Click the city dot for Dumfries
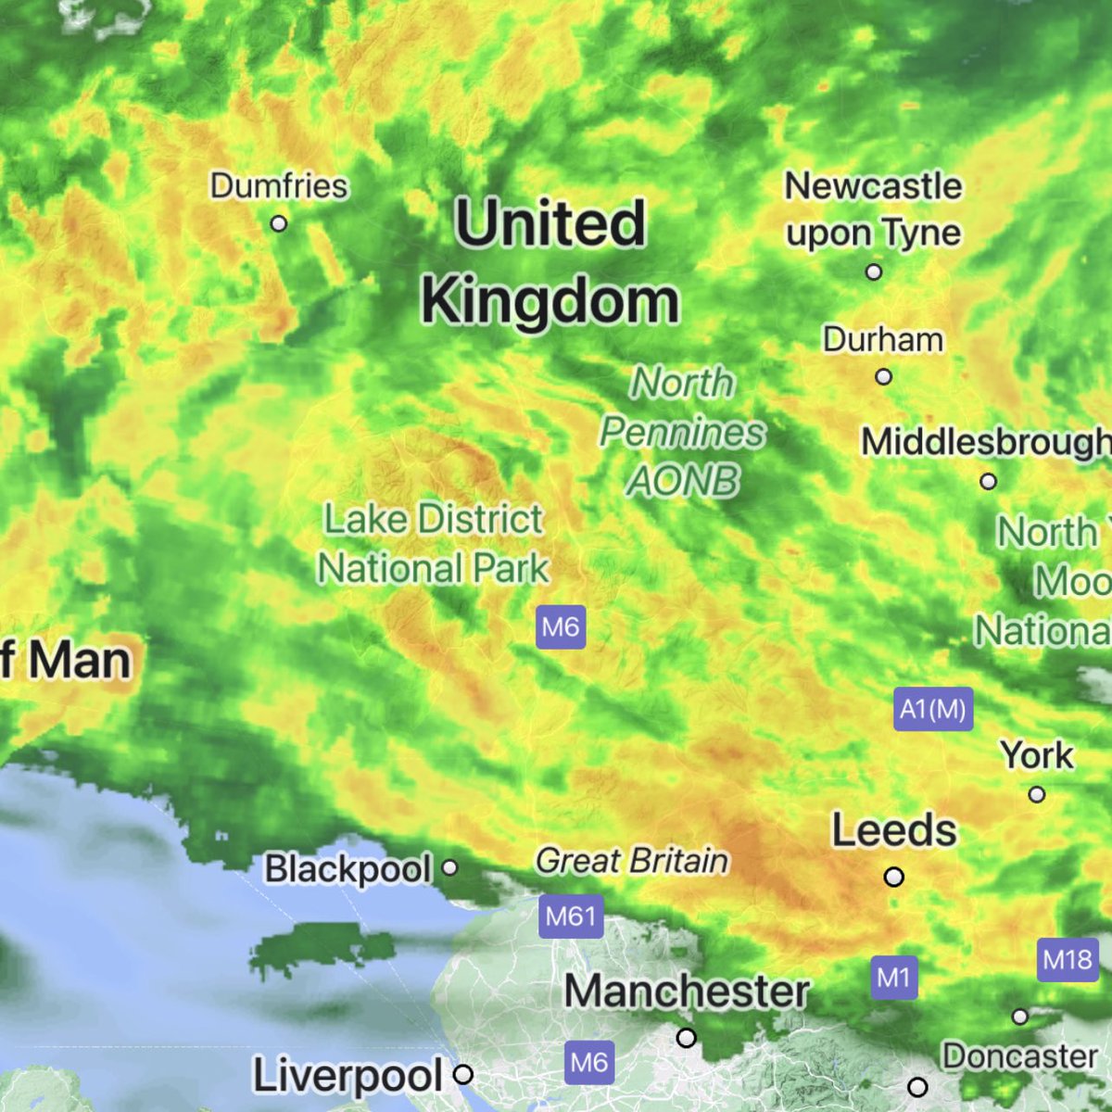[278, 223]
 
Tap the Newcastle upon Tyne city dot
[874, 272]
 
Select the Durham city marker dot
[884, 377]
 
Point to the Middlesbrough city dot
[989, 482]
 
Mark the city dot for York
[1037, 794]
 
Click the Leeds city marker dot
[894, 877]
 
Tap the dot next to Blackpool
[449, 868]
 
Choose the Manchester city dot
[686, 1038]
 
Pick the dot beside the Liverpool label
[463, 1075]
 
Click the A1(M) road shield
[933, 710]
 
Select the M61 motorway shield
[571, 916]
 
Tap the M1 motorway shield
[894, 978]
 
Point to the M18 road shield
[1068, 959]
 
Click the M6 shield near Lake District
[561, 627]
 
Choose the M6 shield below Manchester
[589, 1061]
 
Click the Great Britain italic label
[632, 861]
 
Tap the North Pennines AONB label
[683, 432]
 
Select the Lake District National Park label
[434, 544]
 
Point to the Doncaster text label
[1019, 1056]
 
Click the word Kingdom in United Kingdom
[550, 301]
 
